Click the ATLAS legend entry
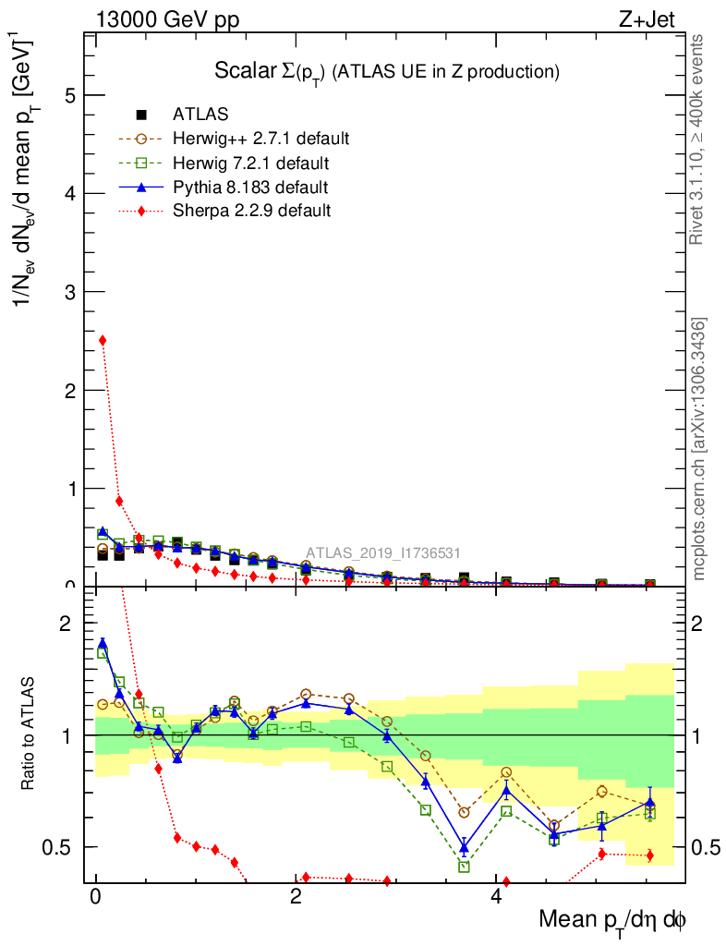200,115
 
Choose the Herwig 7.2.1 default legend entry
250,164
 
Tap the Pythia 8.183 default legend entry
250,188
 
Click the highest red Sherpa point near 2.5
103,340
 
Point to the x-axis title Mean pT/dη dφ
612,920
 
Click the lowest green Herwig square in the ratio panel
465,867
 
